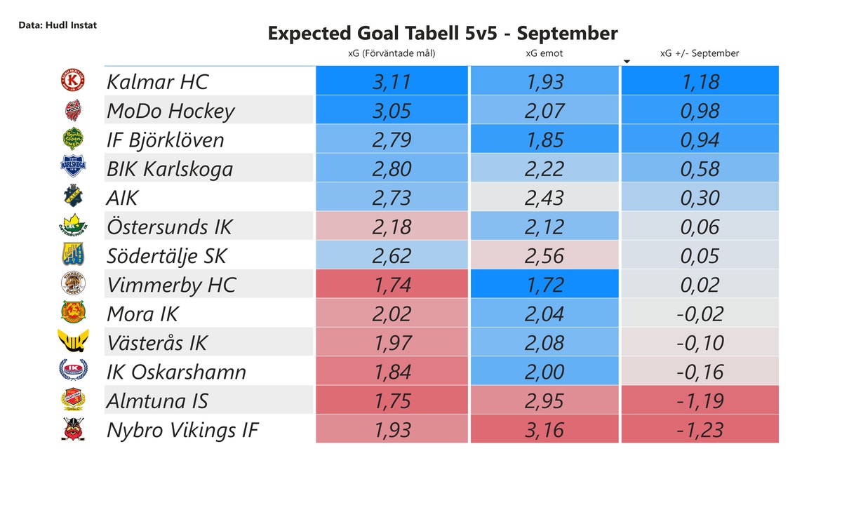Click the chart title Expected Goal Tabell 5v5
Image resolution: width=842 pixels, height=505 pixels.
click(x=442, y=33)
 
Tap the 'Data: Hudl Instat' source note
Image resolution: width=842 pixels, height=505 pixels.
click(x=58, y=25)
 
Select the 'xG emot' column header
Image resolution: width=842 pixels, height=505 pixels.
click(x=544, y=53)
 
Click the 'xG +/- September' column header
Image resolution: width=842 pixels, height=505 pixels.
click(x=700, y=53)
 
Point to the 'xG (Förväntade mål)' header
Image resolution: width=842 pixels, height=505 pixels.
click(x=392, y=53)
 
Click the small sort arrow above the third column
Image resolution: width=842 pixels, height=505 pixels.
click(x=627, y=62)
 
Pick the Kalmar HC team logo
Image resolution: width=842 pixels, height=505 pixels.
click(x=72, y=81)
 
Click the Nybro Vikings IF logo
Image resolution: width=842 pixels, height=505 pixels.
click(x=72, y=429)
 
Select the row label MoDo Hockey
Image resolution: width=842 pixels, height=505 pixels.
click(x=171, y=111)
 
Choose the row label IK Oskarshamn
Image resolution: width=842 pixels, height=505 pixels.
click(x=176, y=372)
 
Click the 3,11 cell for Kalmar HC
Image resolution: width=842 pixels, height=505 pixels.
click(x=392, y=82)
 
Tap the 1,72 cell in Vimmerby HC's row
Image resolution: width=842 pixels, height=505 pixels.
click(x=544, y=285)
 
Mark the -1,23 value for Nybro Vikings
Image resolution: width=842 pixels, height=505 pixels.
click(x=700, y=430)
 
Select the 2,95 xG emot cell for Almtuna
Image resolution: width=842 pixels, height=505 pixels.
click(x=544, y=400)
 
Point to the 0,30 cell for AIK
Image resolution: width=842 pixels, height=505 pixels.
click(x=700, y=198)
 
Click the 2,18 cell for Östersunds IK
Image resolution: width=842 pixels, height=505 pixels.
click(x=392, y=227)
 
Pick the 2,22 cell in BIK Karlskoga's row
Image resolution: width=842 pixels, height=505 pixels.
click(x=544, y=169)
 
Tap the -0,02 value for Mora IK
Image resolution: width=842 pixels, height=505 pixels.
click(x=700, y=314)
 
